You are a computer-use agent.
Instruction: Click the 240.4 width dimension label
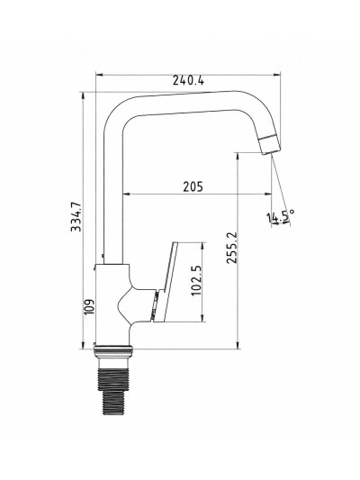point(188,80)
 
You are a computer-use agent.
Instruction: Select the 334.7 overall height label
point(76,216)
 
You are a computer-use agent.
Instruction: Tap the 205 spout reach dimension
point(193,186)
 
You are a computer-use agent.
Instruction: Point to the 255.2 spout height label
point(231,248)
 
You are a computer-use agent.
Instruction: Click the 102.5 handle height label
point(196,280)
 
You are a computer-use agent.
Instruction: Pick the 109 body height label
point(89,306)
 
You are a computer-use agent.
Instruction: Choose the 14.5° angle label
point(281,216)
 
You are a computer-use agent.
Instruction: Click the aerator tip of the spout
point(270,144)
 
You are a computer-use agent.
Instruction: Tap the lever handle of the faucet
point(166,282)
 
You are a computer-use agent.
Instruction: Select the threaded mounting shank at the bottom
point(113,392)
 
